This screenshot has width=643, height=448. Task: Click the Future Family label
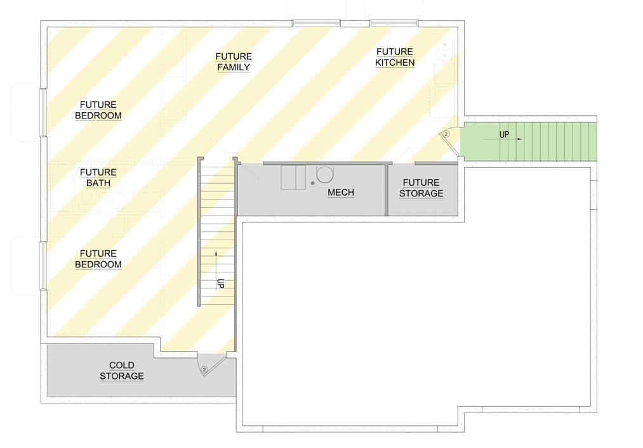click(233, 62)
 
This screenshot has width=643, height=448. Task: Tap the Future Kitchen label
click(394, 57)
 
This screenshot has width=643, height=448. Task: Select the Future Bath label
click(98, 177)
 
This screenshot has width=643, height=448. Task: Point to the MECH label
click(341, 192)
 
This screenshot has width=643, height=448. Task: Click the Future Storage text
click(421, 188)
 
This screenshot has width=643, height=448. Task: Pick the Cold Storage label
click(121, 371)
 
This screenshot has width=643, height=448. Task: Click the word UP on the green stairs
click(504, 134)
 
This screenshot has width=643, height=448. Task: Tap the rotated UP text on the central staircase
click(221, 283)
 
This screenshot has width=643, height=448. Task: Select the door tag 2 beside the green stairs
click(446, 134)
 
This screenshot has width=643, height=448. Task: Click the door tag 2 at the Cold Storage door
click(204, 369)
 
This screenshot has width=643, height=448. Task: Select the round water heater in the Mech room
click(325, 174)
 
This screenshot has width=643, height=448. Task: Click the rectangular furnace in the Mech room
click(293, 177)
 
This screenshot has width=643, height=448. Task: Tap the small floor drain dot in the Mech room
click(313, 183)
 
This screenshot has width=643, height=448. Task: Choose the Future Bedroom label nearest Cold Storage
click(98, 259)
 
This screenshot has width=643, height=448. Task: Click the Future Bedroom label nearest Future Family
click(98, 110)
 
